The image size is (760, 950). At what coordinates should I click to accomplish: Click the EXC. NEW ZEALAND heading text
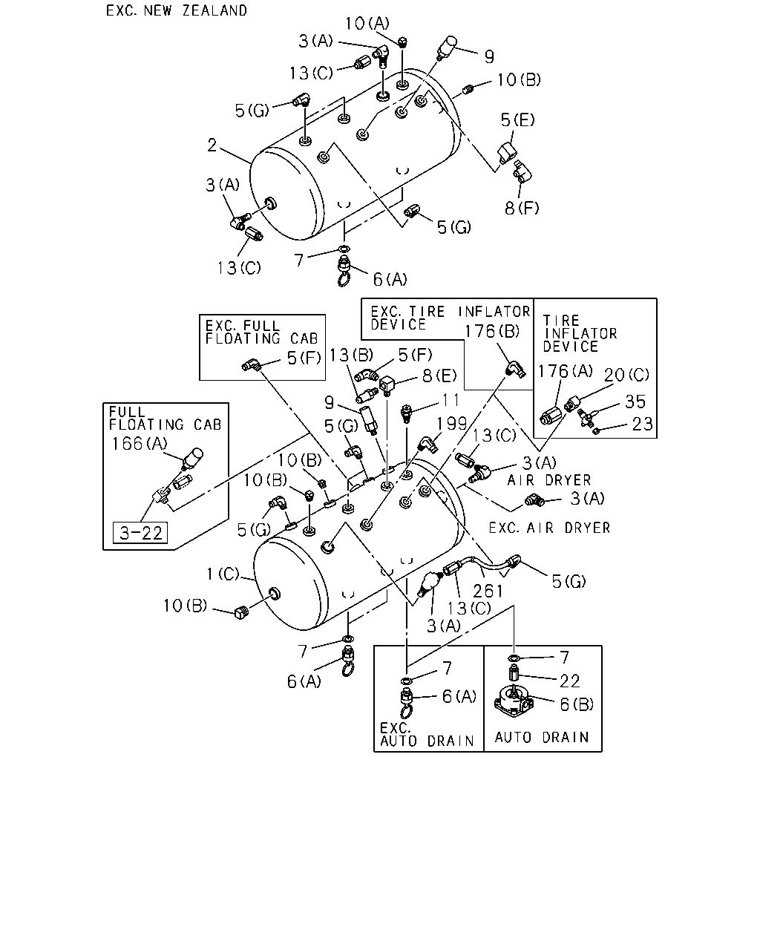[176, 10]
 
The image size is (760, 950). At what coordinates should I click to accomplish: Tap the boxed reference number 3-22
[140, 533]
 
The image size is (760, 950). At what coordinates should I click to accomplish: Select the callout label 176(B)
[491, 331]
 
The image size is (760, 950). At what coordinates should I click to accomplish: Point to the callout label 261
[488, 591]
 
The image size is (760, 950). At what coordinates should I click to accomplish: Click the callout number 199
[451, 424]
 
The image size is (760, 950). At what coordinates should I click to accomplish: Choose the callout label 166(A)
[139, 444]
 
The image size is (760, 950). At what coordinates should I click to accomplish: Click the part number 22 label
[569, 681]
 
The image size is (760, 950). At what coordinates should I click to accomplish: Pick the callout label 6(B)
[577, 704]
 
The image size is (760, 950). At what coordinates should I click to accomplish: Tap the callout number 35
[635, 402]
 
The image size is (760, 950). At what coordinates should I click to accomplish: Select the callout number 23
[642, 425]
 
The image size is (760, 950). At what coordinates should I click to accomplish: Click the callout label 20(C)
[626, 376]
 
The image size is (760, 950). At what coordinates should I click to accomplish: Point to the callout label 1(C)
[223, 574]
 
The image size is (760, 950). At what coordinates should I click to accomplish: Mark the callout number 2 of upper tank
[212, 145]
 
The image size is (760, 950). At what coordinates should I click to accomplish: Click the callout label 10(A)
[367, 24]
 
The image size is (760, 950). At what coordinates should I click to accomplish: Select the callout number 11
[451, 400]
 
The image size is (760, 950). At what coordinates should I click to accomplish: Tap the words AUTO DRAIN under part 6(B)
[542, 738]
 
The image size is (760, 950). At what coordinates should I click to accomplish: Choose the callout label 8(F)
[522, 208]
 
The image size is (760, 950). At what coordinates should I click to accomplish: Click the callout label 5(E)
[517, 119]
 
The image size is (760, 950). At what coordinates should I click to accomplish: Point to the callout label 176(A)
[565, 371]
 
